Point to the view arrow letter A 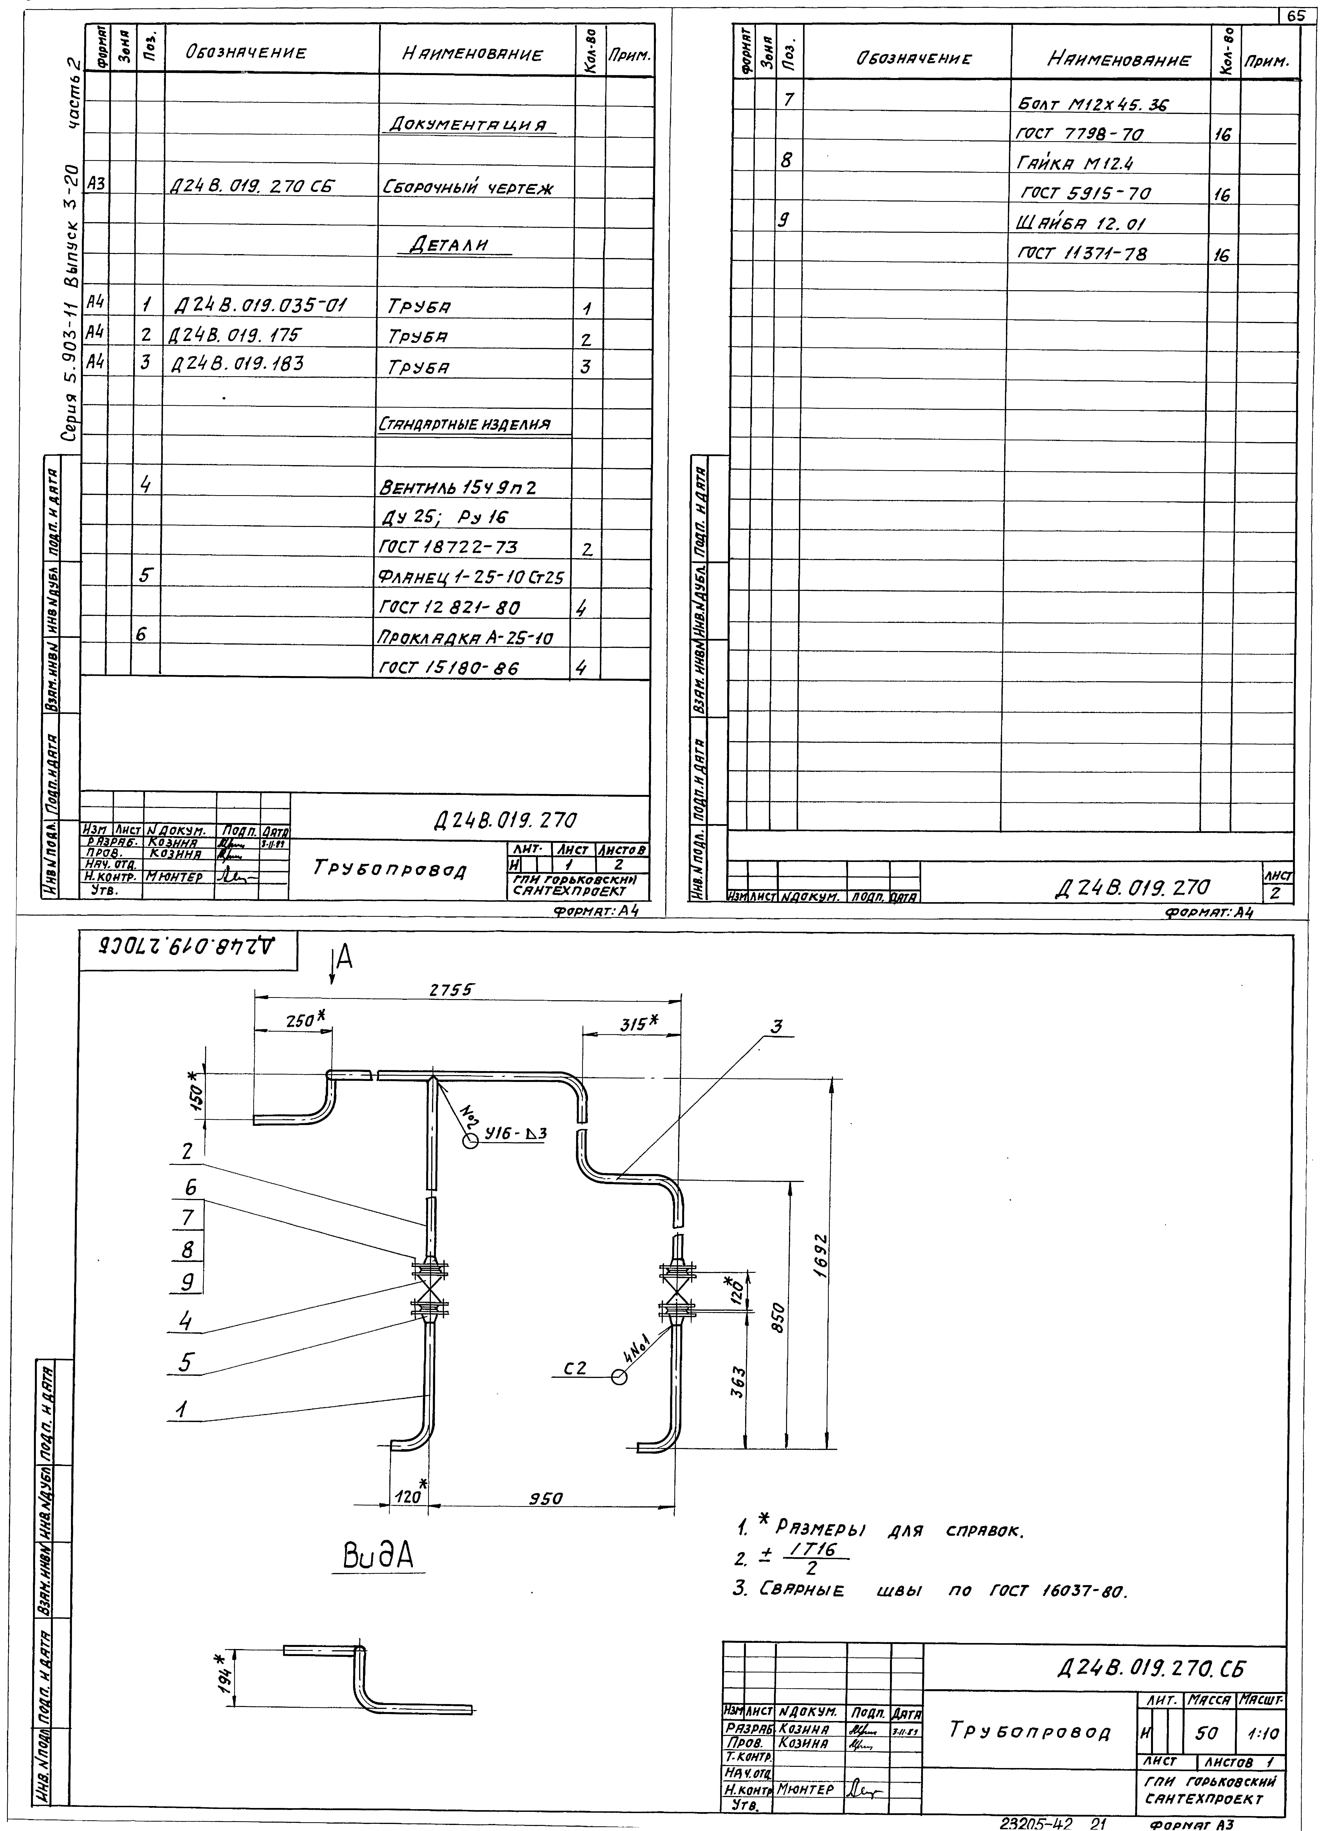(345, 958)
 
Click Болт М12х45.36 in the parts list (1094, 104)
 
